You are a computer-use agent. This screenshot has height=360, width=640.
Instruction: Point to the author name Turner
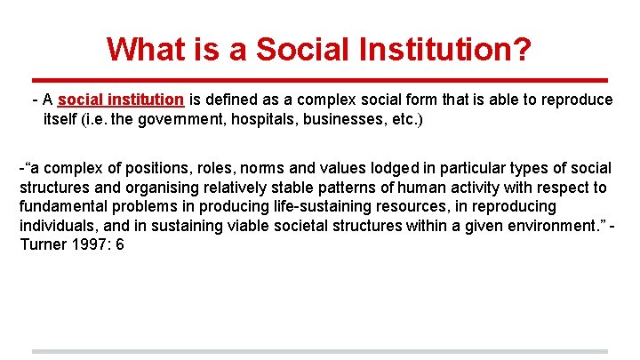tap(42, 244)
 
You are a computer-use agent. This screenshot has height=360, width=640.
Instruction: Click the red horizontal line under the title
tap(319, 78)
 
